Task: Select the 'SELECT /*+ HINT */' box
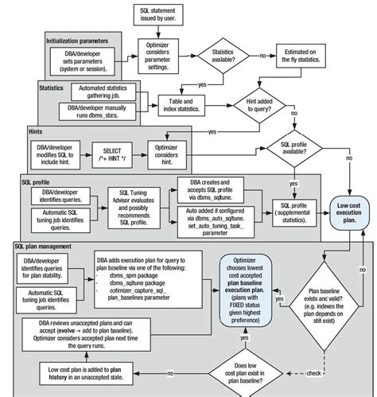coord(116,151)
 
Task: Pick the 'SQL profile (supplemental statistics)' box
coord(295,208)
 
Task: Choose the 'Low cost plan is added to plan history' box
coord(90,371)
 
